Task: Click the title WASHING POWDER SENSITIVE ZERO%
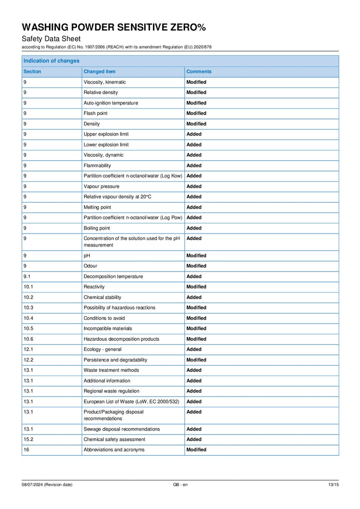point(113,27)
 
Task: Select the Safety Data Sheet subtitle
point(51,39)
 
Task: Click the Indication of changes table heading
point(51,61)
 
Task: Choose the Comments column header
point(198,71)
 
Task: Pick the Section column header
point(32,71)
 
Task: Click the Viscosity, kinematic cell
point(104,82)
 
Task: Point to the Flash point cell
point(95,113)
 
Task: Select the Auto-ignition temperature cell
point(110,103)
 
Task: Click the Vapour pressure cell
point(101,186)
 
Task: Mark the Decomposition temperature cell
point(113,276)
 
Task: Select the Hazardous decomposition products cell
point(121,339)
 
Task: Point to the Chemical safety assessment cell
point(114,439)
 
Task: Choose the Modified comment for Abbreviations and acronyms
point(196,450)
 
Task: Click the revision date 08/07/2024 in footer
point(46,484)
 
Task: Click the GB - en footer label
point(180,484)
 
